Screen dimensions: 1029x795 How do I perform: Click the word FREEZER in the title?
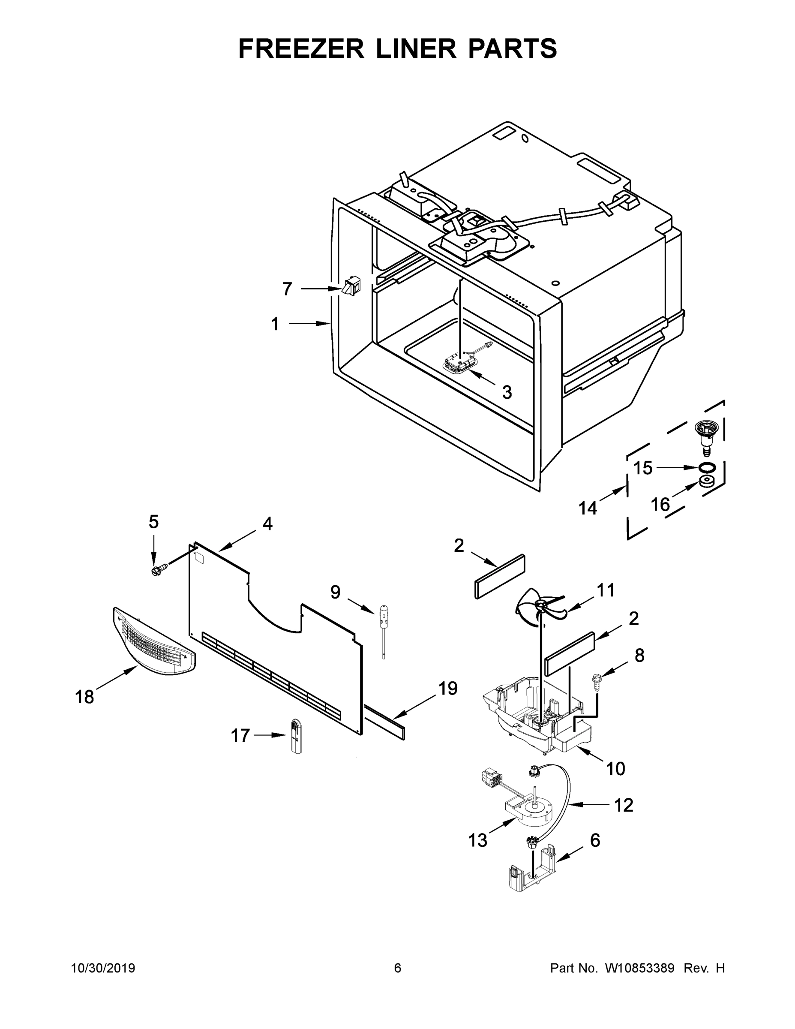point(301,48)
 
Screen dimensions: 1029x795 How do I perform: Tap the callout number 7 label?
point(287,289)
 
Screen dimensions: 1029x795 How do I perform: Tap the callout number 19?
point(448,689)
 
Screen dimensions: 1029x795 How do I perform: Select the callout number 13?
point(477,839)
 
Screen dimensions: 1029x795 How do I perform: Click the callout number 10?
point(615,768)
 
